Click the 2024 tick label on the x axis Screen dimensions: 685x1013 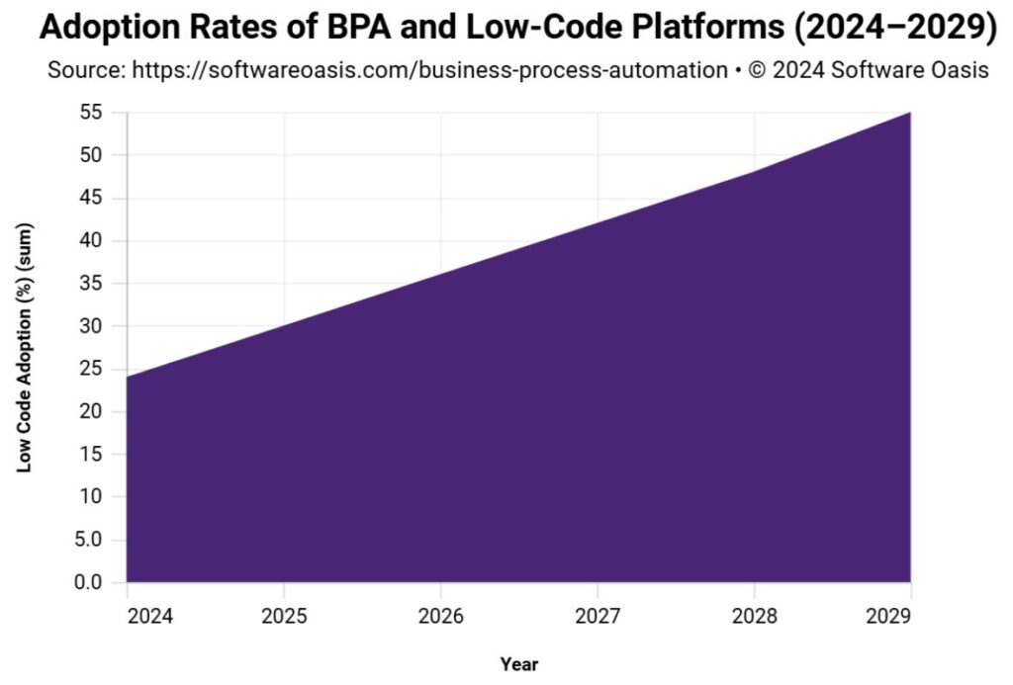click(x=150, y=615)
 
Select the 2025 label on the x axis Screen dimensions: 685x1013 click(x=284, y=615)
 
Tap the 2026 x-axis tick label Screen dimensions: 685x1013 click(x=440, y=615)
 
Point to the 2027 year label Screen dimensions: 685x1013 click(x=598, y=615)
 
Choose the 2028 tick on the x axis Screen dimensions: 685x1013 click(x=754, y=615)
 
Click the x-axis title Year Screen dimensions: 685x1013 click(x=518, y=664)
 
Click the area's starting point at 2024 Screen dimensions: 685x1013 click(x=128, y=377)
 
